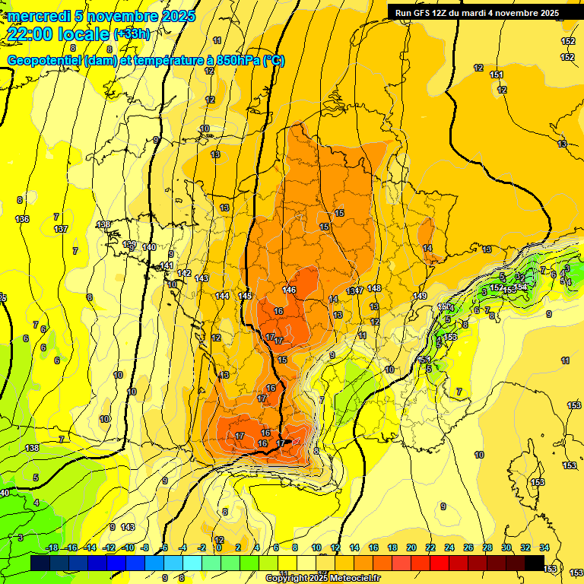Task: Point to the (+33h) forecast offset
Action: click(132, 34)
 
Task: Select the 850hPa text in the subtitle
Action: click(238, 61)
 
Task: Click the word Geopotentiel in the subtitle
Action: click(44, 61)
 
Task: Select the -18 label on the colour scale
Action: click(52, 547)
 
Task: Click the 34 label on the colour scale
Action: click(544, 547)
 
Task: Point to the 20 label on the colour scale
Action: click(411, 547)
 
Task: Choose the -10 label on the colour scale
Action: click(129, 547)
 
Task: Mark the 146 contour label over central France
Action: click(289, 290)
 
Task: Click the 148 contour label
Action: click(374, 288)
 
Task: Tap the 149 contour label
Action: click(420, 296)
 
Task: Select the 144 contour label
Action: click(222, 296)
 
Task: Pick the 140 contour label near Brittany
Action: click(149, 247)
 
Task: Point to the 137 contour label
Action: click(61, 229)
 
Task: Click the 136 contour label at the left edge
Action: click(23, 220)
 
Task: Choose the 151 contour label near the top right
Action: click(496, 75)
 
